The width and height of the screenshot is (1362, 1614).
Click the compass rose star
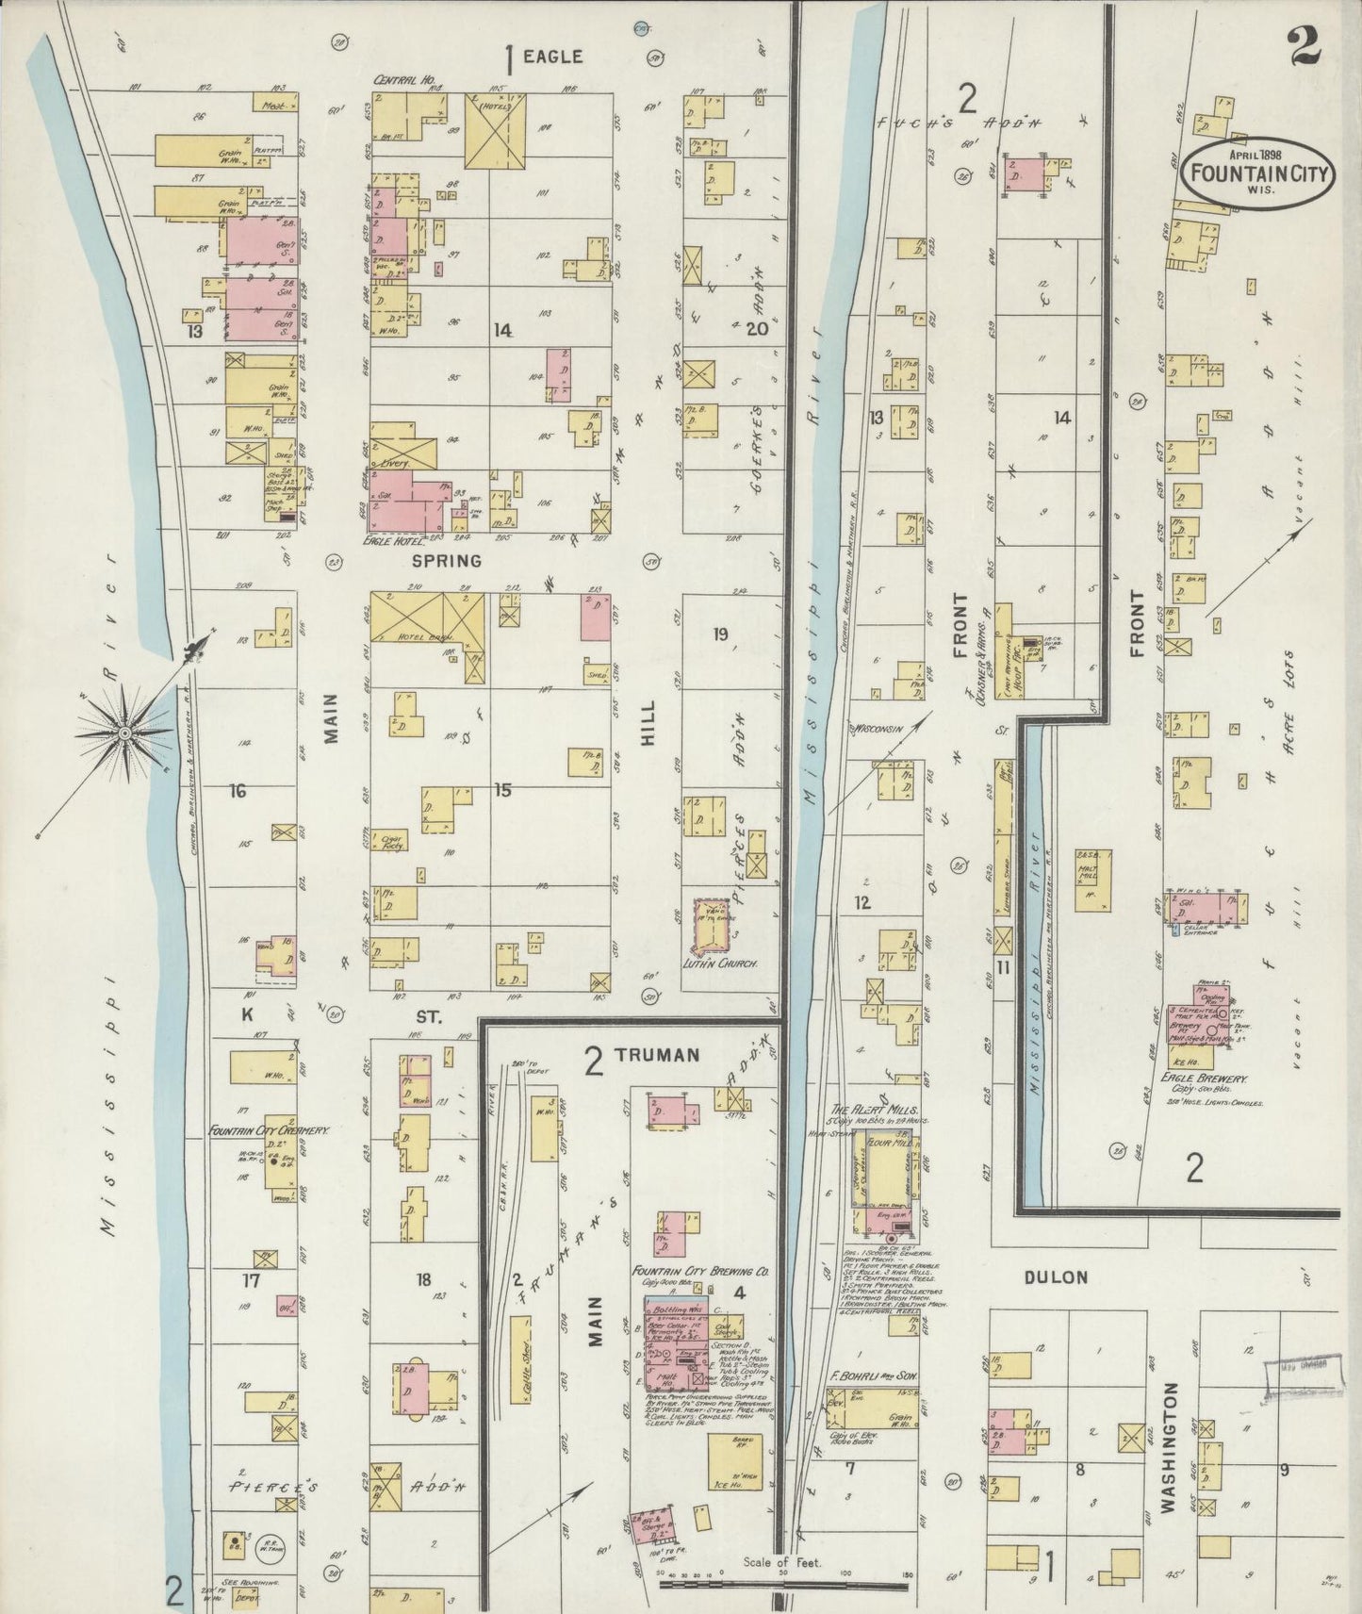[x=124, y=731]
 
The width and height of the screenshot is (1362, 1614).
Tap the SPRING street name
[x=447, y=561]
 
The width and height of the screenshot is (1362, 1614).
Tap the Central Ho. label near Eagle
[x=397, y=81]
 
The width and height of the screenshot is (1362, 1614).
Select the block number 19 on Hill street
[x=721, y=634]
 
